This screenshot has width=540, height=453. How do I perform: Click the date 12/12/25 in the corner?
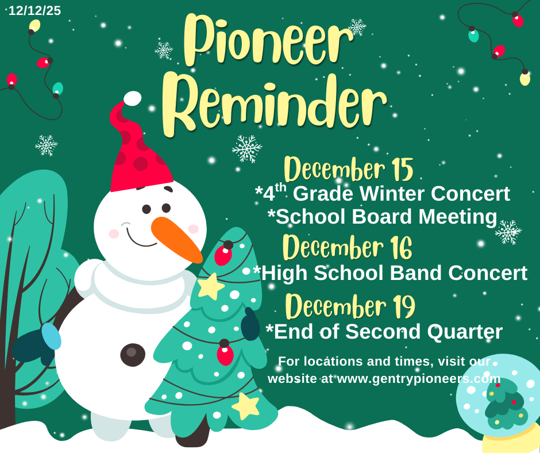[34, 10]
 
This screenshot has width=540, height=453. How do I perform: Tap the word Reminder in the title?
[274, 102]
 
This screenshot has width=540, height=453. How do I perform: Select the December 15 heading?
[348, 170]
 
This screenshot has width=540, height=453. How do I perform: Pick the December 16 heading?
[347, 248]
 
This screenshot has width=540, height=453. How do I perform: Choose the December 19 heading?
[350, 306]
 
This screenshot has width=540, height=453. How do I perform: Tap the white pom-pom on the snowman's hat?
[132, 98]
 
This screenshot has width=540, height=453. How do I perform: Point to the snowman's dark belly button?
[133, 354]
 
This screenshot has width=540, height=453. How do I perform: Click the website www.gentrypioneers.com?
[419, 379]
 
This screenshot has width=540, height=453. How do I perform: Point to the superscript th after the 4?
[280, 187]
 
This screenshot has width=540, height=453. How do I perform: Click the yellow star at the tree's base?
[246, 405]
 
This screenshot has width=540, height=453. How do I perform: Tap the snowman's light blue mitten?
[51, 337]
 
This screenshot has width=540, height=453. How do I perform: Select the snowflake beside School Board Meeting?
[508, 232]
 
